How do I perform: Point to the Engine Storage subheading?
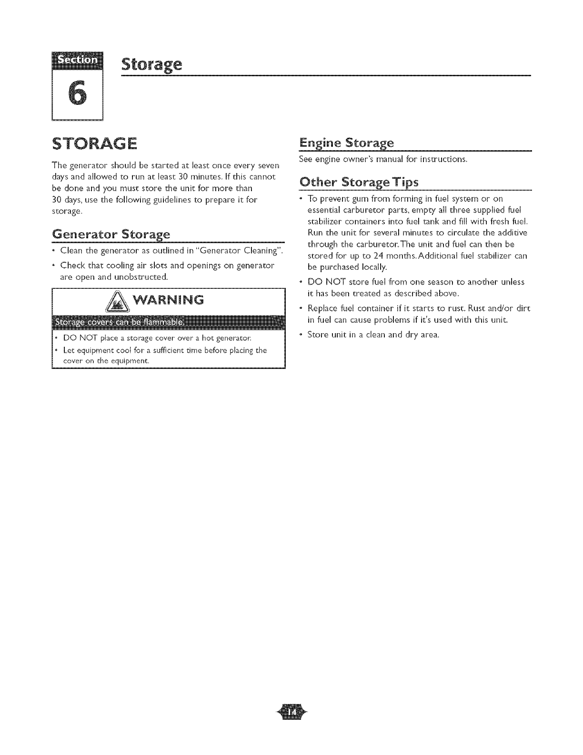coord(346,143)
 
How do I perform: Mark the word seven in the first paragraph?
coord(268,165)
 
